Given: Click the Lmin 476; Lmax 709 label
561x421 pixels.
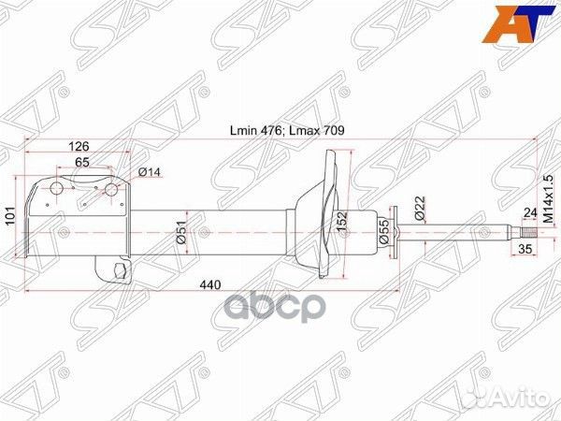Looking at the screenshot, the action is (287, 131).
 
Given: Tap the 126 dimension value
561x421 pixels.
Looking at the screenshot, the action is (79, 146).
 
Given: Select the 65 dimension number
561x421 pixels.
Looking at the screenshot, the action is (82, 162).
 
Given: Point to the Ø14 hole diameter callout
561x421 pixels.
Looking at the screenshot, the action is (150, 172).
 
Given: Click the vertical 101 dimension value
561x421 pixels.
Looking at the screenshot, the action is (11, 215).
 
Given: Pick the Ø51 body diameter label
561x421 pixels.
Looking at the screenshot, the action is (181, 232).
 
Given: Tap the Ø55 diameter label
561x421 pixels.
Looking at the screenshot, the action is (383, 232).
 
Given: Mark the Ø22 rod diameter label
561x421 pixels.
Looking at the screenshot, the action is (420, 208).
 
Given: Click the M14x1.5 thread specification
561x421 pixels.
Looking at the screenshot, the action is (548, 199).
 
